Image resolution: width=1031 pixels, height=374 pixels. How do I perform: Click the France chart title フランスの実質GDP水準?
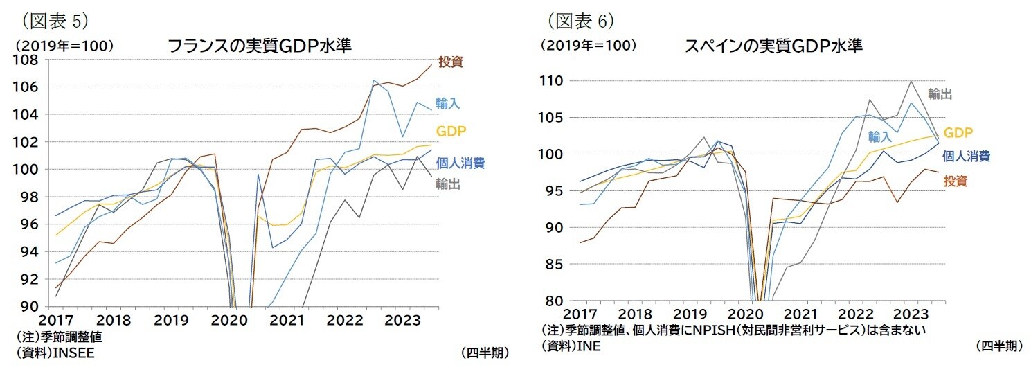click(260, 46)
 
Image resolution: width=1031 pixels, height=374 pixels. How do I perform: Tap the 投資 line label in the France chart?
click(451, 62)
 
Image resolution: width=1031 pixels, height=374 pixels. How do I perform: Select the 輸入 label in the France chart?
click(448, 103)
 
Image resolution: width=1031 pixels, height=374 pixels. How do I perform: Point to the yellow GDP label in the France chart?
click(450, 131)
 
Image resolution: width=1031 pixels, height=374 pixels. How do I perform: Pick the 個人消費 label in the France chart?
click(460, 163)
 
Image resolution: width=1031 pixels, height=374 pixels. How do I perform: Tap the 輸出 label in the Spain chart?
click(940, 94)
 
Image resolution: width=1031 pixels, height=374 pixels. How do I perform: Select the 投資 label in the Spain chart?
click(956, 181)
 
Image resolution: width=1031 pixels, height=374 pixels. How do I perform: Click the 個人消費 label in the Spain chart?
click(967, 156)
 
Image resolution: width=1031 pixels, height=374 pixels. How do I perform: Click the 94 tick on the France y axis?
click(30, 251)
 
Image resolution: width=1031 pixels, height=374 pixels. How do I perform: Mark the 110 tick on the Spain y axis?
click(553, 81)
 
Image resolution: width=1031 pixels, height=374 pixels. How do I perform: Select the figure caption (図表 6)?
click(580, 21)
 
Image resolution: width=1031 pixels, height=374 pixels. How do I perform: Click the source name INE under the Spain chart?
click(587, 346)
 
